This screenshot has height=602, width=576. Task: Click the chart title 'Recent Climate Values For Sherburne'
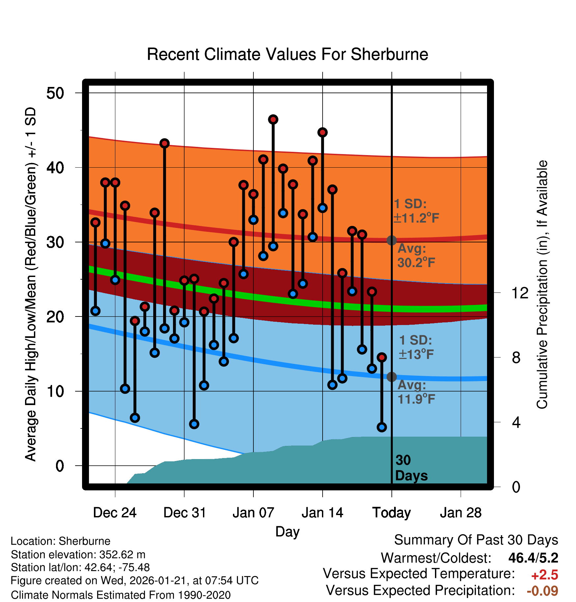(x=287, y=54)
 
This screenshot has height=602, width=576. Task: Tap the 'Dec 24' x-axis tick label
(x=115, y=513)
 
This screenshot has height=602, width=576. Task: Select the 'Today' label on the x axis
(x=391, y=513)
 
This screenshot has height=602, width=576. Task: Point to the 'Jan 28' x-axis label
(x=461, y=513)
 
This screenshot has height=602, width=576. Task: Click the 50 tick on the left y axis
(x=55, y=93)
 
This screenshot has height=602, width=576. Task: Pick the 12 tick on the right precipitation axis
(x=520, y=293)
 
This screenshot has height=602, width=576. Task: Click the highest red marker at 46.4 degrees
(x=273, y=120)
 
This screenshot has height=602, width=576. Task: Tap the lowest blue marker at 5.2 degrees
(x=382, y=427)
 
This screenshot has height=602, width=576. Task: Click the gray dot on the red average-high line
(x=391, y=240)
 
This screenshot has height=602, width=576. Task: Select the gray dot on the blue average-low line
(x=391, y=377)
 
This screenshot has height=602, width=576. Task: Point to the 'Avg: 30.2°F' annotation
(x=416, y=256)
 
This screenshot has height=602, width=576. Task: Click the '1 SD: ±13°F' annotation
(x=416, y=347)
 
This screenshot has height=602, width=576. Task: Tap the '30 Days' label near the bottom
(x=411, y=468)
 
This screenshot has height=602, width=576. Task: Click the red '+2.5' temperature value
(x=544, y=575)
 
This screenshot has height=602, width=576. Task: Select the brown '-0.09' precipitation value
(x=542, y=591)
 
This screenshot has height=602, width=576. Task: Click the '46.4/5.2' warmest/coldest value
(x=533, y=558)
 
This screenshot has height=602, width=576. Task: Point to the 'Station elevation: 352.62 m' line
(x=78, y=555)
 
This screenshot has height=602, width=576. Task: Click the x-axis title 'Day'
(x=287, y=532)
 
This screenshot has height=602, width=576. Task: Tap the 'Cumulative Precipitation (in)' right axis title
(x=542, y=285)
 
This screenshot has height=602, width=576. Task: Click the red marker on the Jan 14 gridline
(x=322, y=132)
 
